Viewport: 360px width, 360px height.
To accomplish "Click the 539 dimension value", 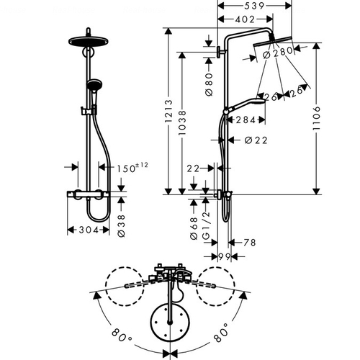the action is [254, 6].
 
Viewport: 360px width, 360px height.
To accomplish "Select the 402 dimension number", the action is [245, 19].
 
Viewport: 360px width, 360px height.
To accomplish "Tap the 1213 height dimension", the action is [168, 111].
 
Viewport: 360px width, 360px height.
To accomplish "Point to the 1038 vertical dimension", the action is [182, 122].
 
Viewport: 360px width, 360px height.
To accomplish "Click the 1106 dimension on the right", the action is [317, 118].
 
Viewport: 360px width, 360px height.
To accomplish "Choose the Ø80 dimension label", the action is [209, 84].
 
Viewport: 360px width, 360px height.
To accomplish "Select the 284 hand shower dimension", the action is [246, 120].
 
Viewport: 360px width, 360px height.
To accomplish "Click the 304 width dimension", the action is [89, 230].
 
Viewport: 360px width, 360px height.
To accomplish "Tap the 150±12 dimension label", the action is [132, 168].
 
